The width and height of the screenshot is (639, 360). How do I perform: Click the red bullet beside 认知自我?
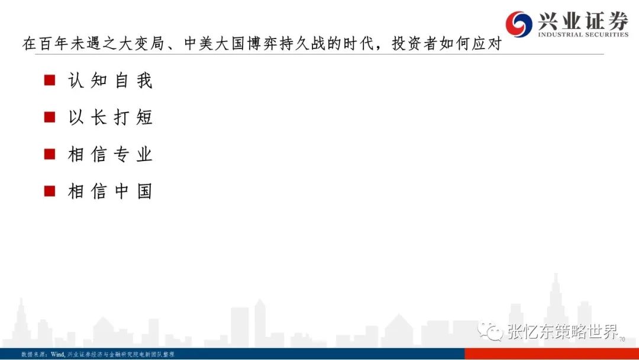pyautogui.click(x=50, y=80)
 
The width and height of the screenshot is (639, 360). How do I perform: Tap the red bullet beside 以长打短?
pyautogui.click(x=50, y=117)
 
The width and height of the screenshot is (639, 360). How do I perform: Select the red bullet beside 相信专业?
pyautogui.click(x=50, y=154)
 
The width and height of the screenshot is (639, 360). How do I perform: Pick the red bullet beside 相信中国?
pyautogui.click(x=50, y=191)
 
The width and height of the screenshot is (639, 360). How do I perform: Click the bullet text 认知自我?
pyautogui.click(x=110, y=81)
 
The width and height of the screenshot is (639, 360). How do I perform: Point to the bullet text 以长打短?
pyautogui.click(x=110, y=117)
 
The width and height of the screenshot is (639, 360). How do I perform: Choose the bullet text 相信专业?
pyautogui.click(x=110, y=155)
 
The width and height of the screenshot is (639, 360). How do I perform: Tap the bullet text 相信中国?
pyautogui.click(x=110, y=191)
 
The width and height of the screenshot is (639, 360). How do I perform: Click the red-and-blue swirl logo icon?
pyautogui.click(x=519, y=24)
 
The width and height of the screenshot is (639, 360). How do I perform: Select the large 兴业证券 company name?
pyautogui.click(x=583, y=20)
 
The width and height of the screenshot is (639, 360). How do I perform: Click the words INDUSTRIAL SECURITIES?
pyautogui.click(x=583, y=35)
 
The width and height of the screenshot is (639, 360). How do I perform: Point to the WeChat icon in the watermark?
pyautogui.click(x=490, y=331)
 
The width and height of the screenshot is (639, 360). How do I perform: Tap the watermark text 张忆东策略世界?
pyautogui.click(x=563, y=332)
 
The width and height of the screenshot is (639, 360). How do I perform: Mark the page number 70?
pyautogui.click(x=622, y=339)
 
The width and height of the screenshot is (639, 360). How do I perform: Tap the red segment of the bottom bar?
pyautogui.click(x=552, y=353)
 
